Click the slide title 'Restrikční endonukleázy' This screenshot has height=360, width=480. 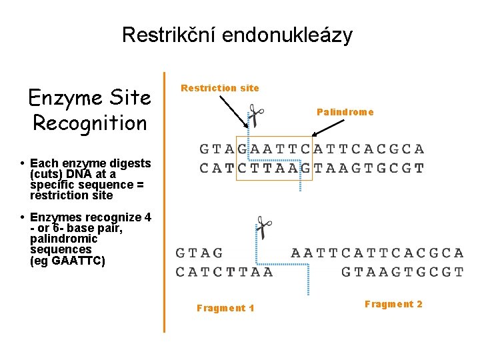(237, 35)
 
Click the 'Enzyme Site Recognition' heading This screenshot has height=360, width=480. (89, 111)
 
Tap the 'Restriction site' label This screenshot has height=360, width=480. (220, 88)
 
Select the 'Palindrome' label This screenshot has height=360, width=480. (345, 112)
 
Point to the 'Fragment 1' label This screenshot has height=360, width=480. (225, 308)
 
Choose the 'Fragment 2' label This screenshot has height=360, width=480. (393, 304)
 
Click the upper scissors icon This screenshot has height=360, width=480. (255, 115)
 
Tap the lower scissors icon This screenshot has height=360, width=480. (264, 228)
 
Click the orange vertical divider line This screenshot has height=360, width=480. (164, 200)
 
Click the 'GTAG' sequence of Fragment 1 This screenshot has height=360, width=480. (199, 253)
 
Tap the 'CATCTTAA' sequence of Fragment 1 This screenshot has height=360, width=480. (224, 271)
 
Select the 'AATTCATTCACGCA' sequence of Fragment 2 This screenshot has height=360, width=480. (377, 253)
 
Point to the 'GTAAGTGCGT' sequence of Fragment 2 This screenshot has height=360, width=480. (401, 271)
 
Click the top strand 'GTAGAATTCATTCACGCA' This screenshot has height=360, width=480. (311, 149)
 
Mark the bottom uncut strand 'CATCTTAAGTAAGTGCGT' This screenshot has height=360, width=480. (311, 168)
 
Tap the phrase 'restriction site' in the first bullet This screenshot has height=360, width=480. (71, 195)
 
